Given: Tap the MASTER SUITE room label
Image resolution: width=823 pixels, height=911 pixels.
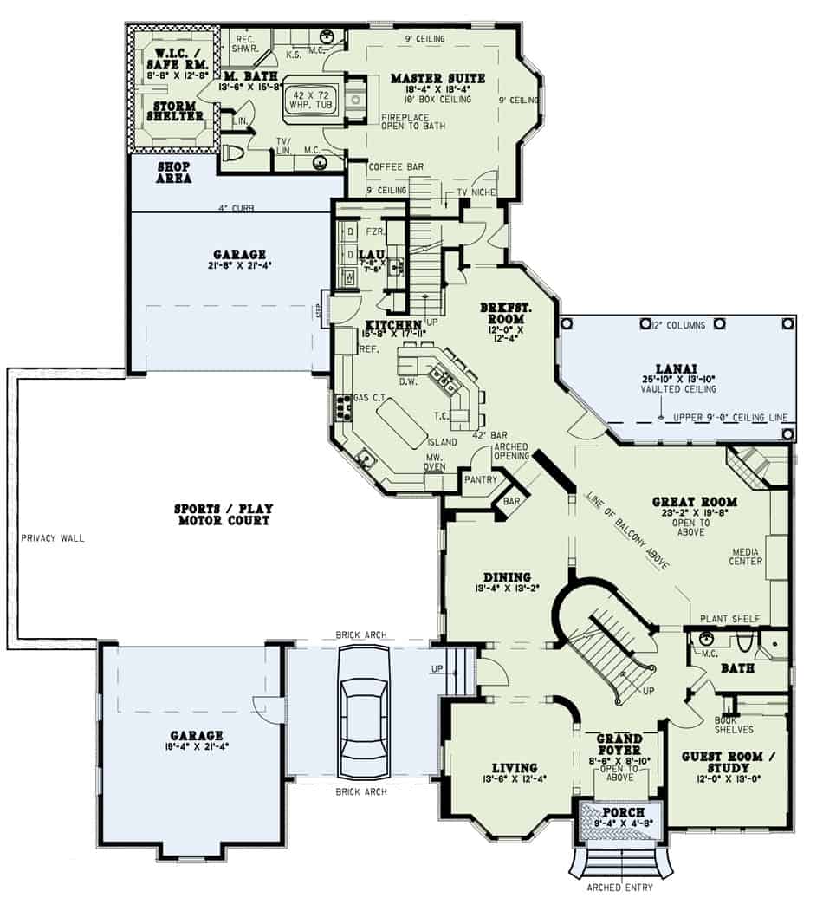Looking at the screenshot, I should click(x=437, y=79).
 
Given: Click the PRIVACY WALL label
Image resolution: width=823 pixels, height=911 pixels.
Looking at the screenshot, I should click(x=53, y=537).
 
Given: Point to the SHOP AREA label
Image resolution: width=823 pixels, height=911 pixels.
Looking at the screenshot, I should click(x=174, y=172).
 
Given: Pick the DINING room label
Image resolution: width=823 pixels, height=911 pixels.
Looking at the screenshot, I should click(x=502, y=577).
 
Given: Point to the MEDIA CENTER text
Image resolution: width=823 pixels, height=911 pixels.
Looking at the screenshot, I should click(x=747, y=556).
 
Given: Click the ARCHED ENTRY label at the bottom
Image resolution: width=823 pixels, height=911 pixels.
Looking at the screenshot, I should click(x=619, y=887).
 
